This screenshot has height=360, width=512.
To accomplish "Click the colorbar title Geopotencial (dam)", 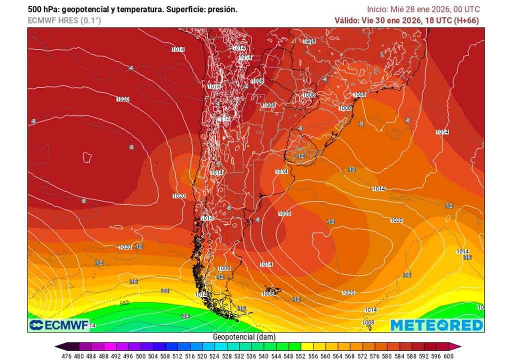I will (244, 337).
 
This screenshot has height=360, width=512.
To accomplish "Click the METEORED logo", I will (436, 325).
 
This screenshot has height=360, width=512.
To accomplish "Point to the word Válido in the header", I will (346, 20).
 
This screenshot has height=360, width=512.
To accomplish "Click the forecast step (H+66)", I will (466, 20).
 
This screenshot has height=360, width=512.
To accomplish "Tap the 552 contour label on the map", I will (124, 303).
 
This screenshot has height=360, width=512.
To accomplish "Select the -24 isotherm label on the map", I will (185, 316).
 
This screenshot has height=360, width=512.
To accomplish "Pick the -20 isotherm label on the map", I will (164, 290).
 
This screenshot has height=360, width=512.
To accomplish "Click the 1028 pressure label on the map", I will (309, 41).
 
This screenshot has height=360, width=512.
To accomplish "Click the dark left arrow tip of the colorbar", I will (58, 346).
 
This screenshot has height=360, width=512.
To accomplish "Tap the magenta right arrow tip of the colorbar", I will (458, 346).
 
